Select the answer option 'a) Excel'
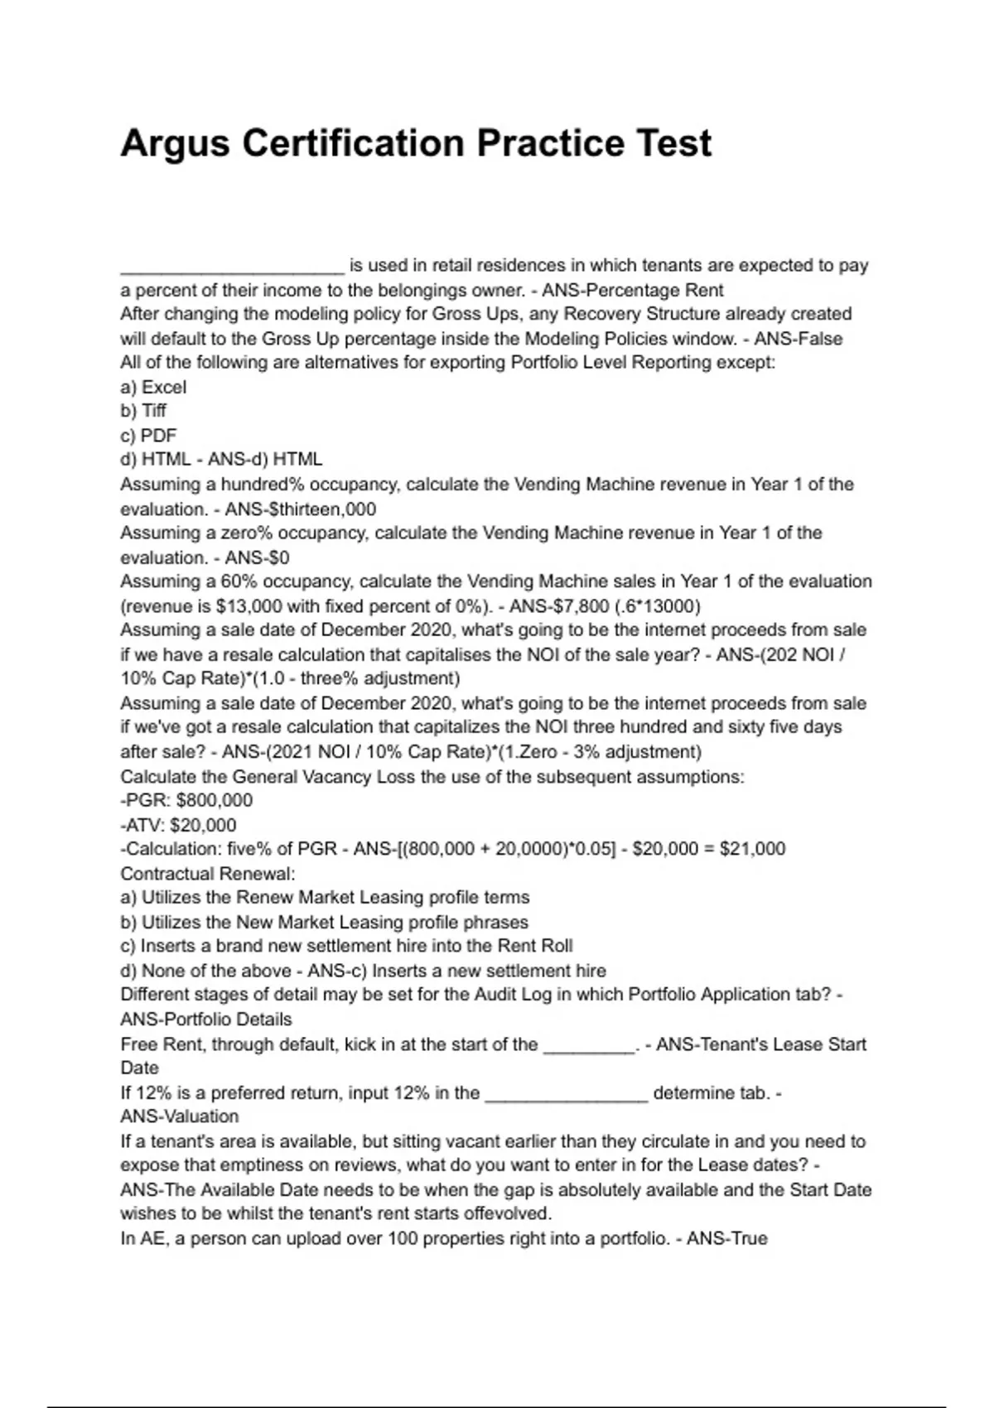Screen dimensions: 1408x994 click(x=153, y=387)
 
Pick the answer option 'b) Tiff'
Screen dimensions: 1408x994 click(x=143, y=411)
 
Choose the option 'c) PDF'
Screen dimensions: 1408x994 click(x=148, y=436)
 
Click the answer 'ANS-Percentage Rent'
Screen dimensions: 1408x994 click(x=633, y=291)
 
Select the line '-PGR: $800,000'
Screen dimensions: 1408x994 click(x=186, y=800)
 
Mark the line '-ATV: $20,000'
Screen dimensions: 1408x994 click(x=178, y=825)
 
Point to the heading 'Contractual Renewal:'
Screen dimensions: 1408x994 click(x=208, y=874)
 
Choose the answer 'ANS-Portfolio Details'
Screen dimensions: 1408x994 click(x=206, y=1020)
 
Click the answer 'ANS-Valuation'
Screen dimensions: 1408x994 click(x=180, y=1116)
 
